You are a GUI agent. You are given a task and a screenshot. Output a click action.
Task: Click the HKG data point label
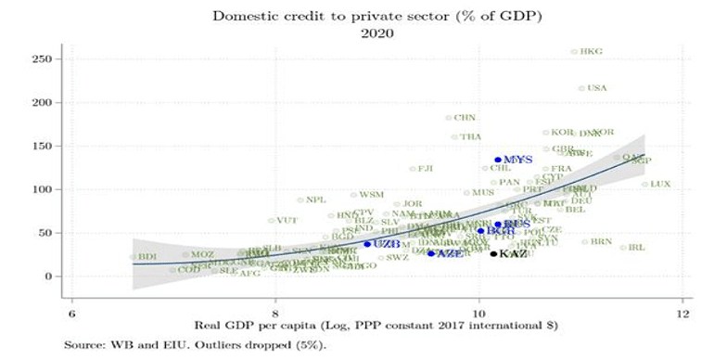pyautogui.click(x=591, y=52)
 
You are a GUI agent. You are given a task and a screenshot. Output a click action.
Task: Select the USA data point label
pyautogui.click(x=596, y=88)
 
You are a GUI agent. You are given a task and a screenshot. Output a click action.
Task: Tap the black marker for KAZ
pyautogui.click(x=493, y=253)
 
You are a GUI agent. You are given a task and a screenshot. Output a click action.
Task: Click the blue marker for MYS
pyautogui.click(x=498, y=160)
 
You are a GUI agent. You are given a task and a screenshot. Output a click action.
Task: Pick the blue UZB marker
pyautogui.click(x=367, y=244)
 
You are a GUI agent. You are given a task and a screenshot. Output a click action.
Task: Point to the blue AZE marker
pyautogui.click(x=430, y=253)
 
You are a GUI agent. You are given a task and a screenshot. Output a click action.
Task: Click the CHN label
pyautogui.click(x=465, y=118)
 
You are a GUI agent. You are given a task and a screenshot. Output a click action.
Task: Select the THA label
pyautogui.click(x=470, y=136)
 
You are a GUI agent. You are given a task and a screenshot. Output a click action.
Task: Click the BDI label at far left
pyautogui.click(x=147, y=256)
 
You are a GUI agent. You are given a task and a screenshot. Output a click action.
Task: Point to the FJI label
pyautogui.click(x=426, y=169)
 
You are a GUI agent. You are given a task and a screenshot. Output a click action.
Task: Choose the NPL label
pyautogui.click(x=316, y=199)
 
